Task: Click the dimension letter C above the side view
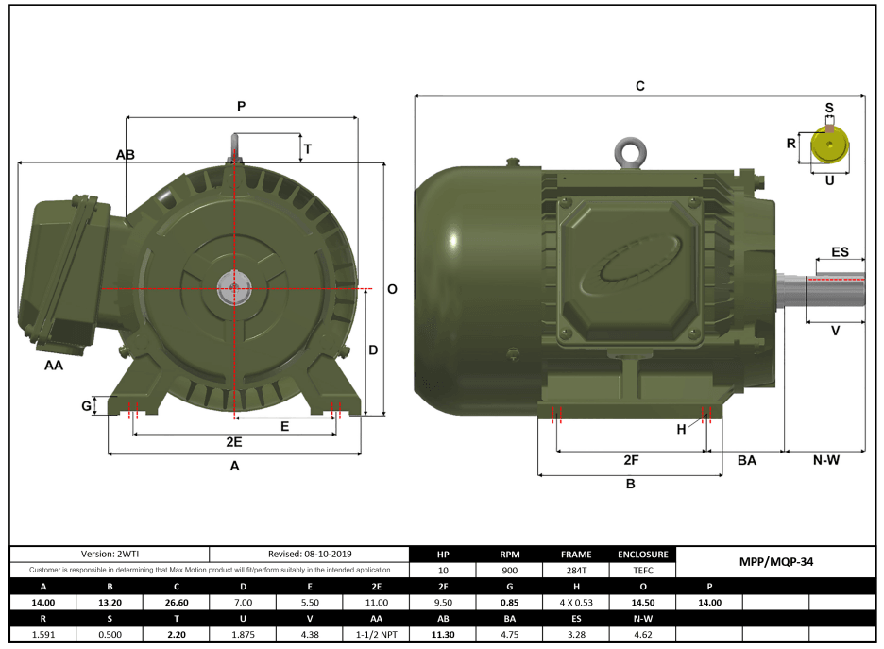[x=639, y=86]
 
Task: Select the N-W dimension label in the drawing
[x=826, y=460]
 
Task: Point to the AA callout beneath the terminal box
[x=54, y=365]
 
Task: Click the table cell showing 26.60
[x=176, y=602]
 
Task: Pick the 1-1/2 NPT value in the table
[x=376, y=634]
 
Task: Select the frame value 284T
[x=576, y=571]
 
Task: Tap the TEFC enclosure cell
[x=643, y=571]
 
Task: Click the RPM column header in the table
[x=510, y=555]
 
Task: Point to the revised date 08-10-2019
[x=309, y=555]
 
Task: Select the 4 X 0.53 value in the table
[x=576, y=602]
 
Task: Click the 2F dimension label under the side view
[x=632, y=460]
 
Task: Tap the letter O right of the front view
[x=392, y=289]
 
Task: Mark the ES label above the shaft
[x=840, y=252]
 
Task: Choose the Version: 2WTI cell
[x=109, y=555]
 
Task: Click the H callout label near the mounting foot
[x=681, y=429]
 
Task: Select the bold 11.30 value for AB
[x=443, y=634]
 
